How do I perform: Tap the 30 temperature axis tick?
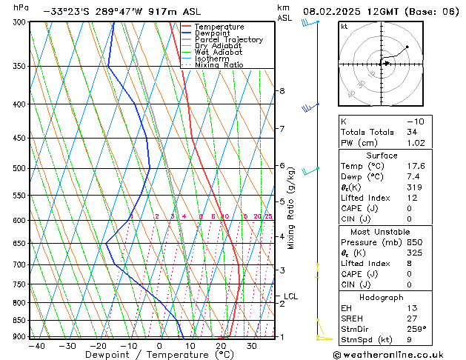252,346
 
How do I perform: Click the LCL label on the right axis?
291,296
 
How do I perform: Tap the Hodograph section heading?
382,297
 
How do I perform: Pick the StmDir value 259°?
417,330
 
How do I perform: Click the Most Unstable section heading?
382,232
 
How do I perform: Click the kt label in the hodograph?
344,26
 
